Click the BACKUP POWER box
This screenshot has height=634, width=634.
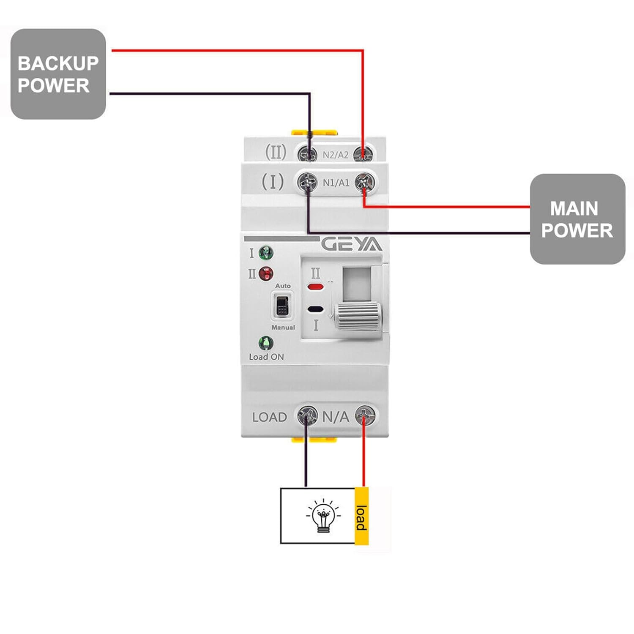(58, 74)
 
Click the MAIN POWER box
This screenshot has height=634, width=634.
(577, 219)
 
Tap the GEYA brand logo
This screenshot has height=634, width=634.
(351, 244)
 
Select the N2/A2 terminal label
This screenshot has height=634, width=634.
(336, 155)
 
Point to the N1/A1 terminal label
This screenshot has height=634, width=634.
(336, 183)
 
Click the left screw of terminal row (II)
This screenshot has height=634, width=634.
(308, 154)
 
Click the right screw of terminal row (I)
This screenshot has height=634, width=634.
(364, 183)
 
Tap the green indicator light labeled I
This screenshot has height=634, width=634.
(266, 253)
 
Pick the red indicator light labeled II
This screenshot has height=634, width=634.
(266, 274)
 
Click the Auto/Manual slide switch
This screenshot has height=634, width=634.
(282, 306)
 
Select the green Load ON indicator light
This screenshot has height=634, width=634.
(266, 343)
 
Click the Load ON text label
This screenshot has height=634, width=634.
(266, 357)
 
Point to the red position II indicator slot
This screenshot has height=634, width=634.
(315, 287)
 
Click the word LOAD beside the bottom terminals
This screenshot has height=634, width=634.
(269, 417)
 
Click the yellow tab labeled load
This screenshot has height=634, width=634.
(361, 516)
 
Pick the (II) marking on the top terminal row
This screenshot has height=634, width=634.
(276, 152)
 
